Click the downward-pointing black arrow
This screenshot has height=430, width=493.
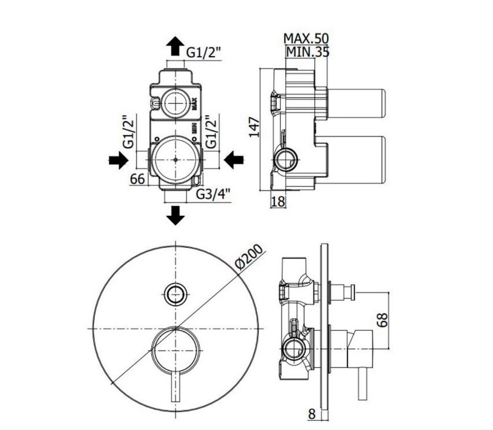[176, 215]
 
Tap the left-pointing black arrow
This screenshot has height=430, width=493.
[234, 160]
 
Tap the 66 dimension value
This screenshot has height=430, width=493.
[138, 179]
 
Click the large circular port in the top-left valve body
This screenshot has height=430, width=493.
[176, 157]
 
